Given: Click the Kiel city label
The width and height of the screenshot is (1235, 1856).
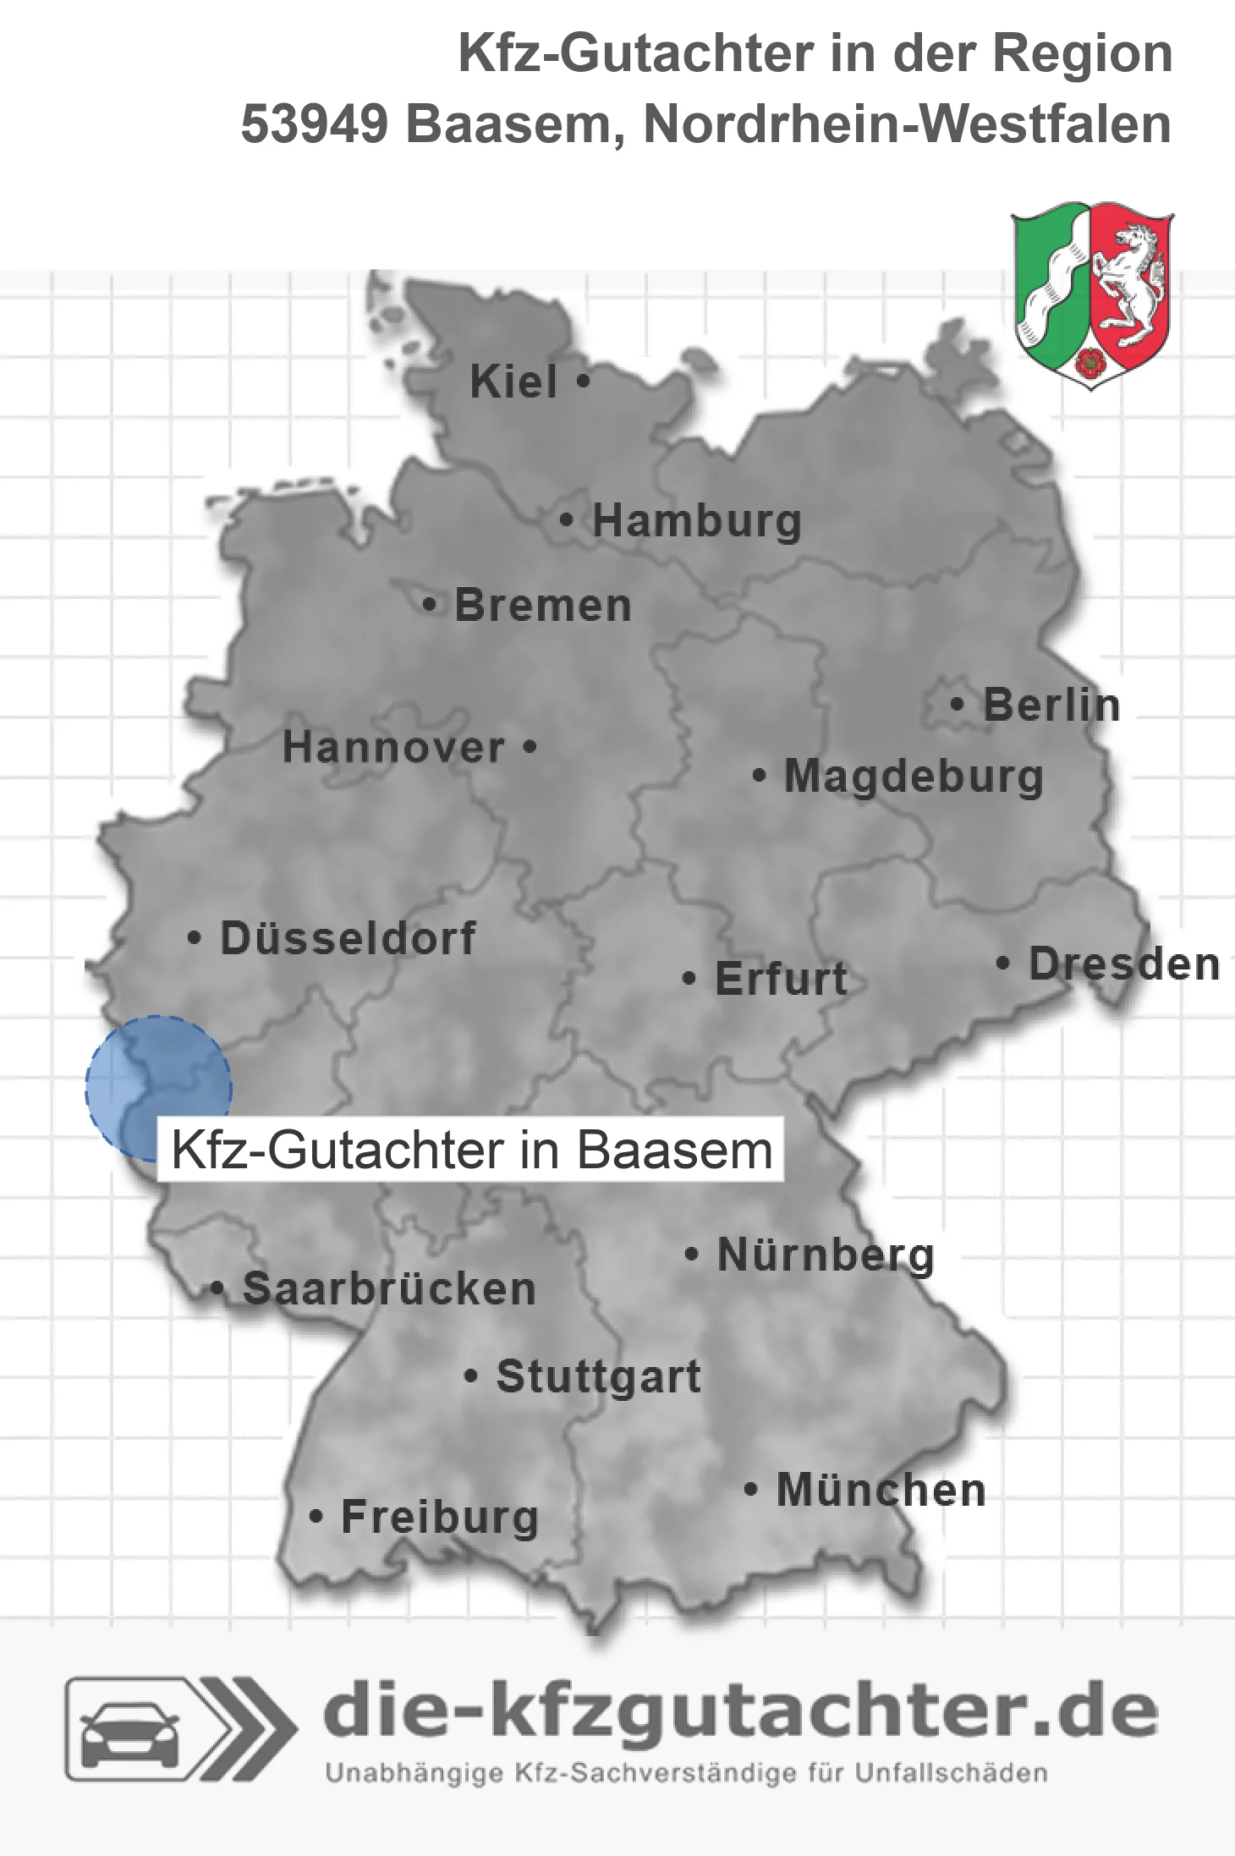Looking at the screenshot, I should click(x=513, y=382).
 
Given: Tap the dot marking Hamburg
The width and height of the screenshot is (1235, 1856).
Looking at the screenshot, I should click(x=566, y=520).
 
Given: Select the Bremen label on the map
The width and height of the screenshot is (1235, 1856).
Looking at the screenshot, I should click(x=543, y=606).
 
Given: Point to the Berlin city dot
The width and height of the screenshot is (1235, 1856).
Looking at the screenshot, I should click(x=957, y=704).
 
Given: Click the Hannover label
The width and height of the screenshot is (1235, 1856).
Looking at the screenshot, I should click(x=393, y=748).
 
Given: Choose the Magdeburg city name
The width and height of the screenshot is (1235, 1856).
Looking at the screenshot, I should click(x=914, y=777).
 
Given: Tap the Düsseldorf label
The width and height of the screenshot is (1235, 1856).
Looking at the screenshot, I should click(x=348, y=938).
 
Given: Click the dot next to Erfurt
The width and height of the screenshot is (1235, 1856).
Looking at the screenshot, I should click(x=689, y=979).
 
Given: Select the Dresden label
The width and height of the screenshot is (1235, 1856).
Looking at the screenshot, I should click(x=1123, y=964).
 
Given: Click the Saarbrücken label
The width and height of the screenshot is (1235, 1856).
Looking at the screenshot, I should click(x=389, y=1289).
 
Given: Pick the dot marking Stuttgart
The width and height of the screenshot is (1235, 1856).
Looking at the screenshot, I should click(x=471, y=1376).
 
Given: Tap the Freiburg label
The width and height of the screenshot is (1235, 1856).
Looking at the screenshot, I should click(x=440, y=1517).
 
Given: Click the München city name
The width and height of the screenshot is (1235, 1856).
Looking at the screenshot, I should click(x=881, y=1490).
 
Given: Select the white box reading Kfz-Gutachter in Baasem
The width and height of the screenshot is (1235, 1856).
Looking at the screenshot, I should click(x=471, y=1150).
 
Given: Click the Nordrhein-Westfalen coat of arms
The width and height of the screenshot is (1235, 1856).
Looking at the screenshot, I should click(x=1092, y=294).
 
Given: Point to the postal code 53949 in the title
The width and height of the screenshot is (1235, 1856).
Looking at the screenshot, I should click(x=314, y=124).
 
